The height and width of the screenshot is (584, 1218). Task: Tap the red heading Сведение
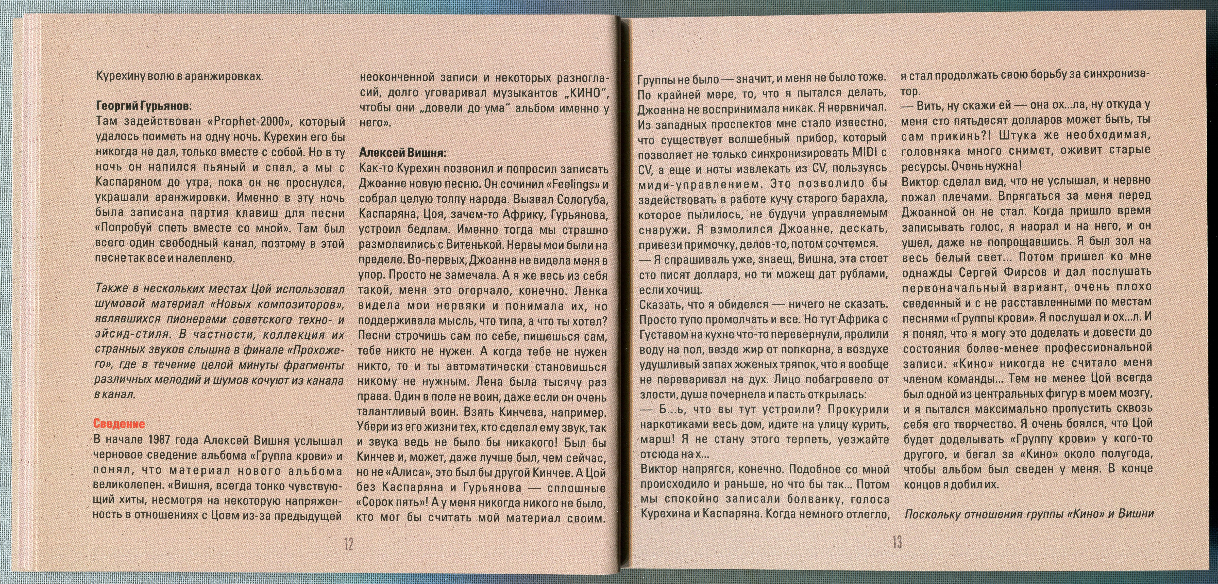pyautogui.click(x=119, y=424)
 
